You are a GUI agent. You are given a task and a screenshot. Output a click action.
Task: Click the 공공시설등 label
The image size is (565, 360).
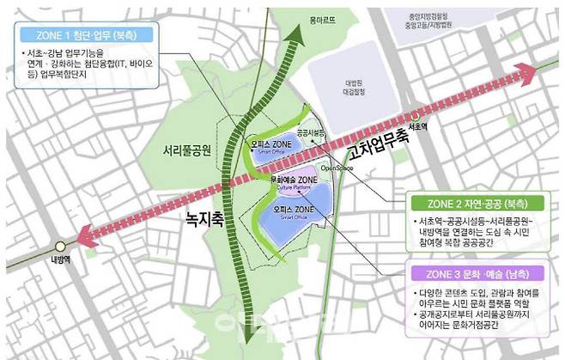point(311,134)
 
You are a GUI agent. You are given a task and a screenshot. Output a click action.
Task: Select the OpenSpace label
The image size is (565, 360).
point(337,168)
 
